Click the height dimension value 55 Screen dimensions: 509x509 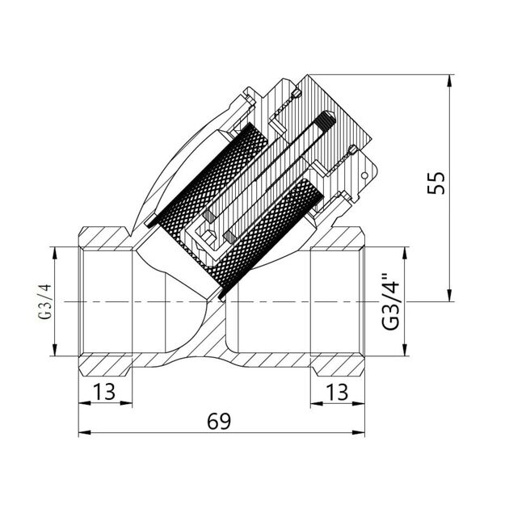click(437, 183)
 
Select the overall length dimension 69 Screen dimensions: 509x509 click(219, 421)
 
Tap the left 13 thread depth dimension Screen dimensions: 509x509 click(105, 392)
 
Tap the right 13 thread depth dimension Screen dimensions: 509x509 click(339, 392)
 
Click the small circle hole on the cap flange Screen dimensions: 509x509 click(365, 175)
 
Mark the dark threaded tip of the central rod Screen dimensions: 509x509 click(326, 124)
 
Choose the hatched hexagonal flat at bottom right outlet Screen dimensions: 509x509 click(339, 364)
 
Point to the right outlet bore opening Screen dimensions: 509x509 click(335, 301)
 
